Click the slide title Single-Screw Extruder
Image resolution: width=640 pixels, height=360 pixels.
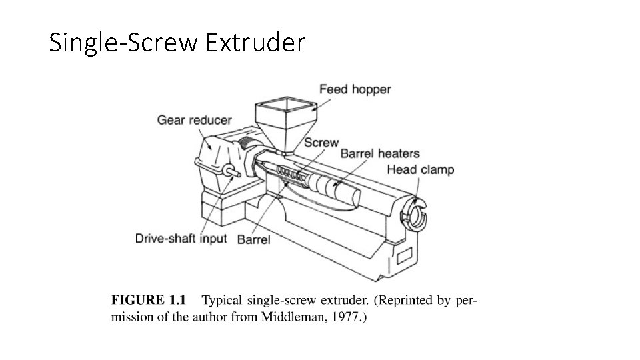pyautogui.click(x=177, y=43)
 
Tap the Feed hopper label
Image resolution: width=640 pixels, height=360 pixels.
pyautogui.click(x=355, y=89)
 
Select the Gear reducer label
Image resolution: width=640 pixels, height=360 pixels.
pyautogui.click(x=194, y=121)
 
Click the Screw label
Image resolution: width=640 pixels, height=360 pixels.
pyautogui.click(x=321, y=143)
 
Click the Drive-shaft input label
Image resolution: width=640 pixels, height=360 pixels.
pyautogui.click(x=182, y=238)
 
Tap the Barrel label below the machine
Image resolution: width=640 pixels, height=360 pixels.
pyautogui.click(x=253, y=239)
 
